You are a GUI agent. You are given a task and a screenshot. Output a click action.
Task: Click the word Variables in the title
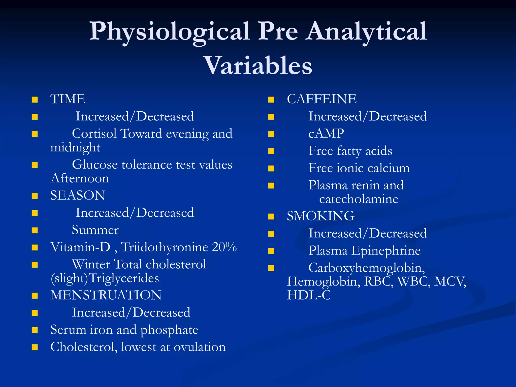[x=259, y=66]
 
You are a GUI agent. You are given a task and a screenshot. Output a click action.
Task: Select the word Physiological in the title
[x=170, y=31]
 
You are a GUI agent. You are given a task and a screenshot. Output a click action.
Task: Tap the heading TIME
[x=68, y=99]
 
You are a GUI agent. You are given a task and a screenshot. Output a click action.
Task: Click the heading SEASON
[x=78, y=195]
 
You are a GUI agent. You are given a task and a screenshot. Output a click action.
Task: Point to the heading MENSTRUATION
[x=106, y=295]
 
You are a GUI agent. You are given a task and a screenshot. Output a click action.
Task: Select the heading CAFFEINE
[x=322, y=99]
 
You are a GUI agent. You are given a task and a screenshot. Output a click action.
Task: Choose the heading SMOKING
[x=320, y=216]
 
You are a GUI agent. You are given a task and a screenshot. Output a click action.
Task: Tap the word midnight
[x=75, y=147]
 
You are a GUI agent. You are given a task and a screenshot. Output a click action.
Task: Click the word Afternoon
[x=80, y=178]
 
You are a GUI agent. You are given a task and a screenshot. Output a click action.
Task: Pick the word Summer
[x=95, y=230]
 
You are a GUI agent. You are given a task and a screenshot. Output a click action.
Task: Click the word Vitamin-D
[x=80, y=247]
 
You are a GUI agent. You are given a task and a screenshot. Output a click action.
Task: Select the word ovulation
[x=200, y=347]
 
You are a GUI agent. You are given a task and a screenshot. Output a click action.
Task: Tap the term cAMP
[x=326, y=133]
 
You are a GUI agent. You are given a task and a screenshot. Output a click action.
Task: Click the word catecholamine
[x=359, y=199]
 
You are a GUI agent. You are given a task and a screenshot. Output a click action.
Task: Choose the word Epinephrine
[x=386, y=250]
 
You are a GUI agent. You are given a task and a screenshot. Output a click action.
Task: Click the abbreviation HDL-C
[x=309, y=295]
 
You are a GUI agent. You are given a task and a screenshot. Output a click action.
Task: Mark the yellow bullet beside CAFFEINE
[x=271, y=100]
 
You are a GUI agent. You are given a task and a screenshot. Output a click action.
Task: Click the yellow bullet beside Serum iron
[x=35, y=330]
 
